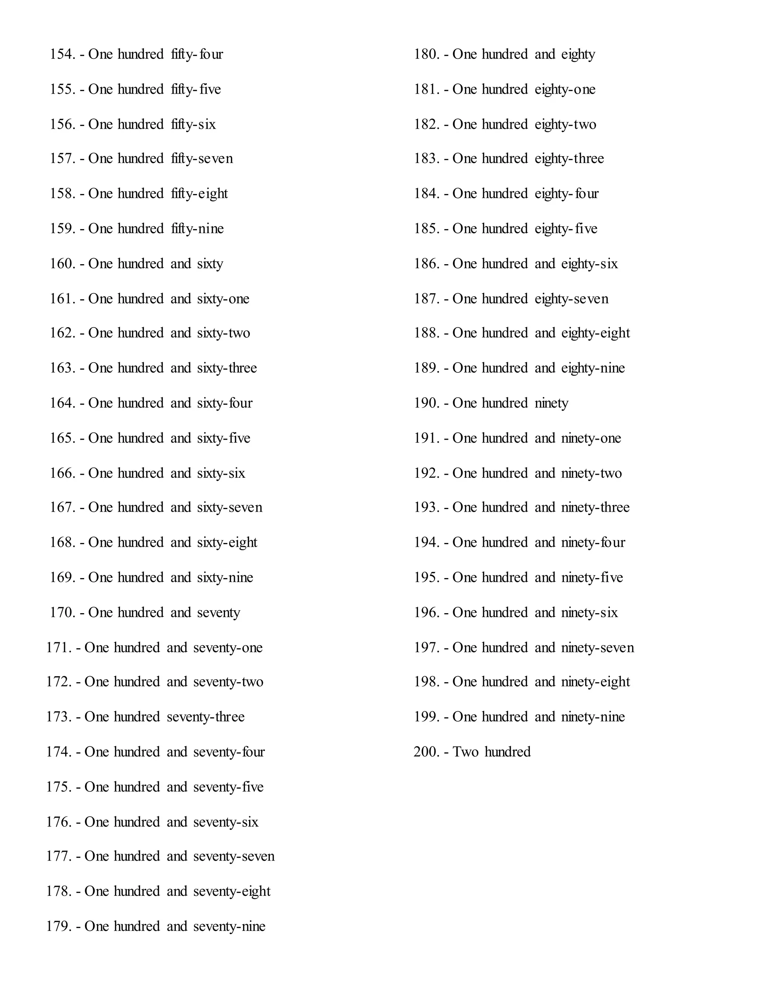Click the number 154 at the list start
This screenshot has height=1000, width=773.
coord(63,54)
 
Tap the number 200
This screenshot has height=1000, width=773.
coord(427,752)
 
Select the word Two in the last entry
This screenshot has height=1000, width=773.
coord(465,752)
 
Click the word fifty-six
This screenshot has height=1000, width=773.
coord(193,125)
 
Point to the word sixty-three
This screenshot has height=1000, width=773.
coord(227,368)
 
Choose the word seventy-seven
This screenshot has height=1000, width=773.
coord(234,856)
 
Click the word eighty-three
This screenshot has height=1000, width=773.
coord(569,159)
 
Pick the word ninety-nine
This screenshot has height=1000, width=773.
coord(593,717)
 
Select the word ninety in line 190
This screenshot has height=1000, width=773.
coord(551,403)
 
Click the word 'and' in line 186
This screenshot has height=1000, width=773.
coord(545,264)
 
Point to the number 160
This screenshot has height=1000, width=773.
coord(63,264)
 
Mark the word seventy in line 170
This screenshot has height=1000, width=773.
coord(219,612)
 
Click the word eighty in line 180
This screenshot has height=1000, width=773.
coord(578,54)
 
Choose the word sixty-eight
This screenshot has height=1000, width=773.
coord(227,543)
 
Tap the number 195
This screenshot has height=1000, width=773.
coord(427,578)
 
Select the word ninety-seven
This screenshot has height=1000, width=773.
coord(597,648)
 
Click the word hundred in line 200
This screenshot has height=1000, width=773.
coord(507,752)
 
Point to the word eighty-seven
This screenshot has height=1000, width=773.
coord(571,299)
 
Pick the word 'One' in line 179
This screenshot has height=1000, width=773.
coord(97,926)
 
